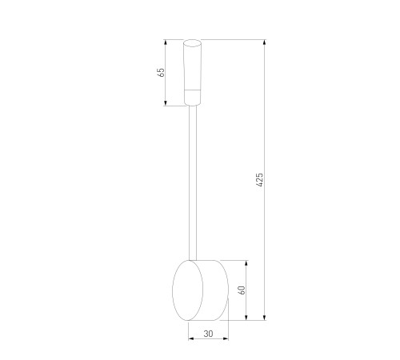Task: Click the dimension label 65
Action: coord(162,72)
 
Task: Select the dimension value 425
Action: coord(260,180)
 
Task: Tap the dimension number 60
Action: coord(242,290)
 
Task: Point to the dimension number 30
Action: coord(208,334)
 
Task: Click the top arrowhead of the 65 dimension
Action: coord(166,42)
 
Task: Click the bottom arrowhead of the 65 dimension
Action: coord(166,103)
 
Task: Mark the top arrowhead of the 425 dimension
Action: coord(264,42)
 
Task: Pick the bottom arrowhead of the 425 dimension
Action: coord(264,318)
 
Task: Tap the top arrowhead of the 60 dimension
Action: coord(246,263)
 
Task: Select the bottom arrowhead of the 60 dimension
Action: coord(246,318)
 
